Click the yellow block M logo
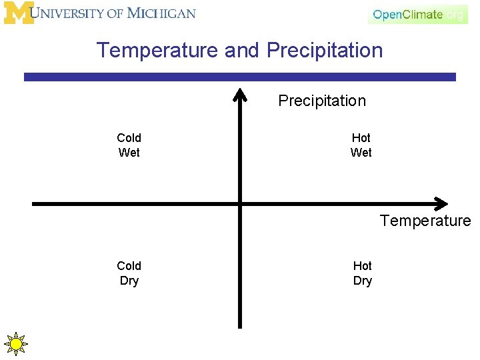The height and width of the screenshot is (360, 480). click(x=18, y=13)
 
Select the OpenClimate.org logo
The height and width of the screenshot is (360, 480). click(x=418, y=15)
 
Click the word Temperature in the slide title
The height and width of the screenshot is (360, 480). click(x=157, y=51)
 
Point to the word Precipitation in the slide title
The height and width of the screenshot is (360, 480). click(x=325, y=51)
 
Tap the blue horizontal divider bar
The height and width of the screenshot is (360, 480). click(x=240, y=77)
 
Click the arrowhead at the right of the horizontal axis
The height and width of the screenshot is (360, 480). click(x=441, y=203)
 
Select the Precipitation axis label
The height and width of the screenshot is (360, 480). click(x=322, y=101)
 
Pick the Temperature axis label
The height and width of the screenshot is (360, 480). click(x=425, y=221)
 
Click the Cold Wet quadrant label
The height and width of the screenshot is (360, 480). click(x=129, y=145)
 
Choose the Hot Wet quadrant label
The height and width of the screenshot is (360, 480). click(x=361, y=145)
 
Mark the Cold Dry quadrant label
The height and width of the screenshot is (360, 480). click(x=129, y=273)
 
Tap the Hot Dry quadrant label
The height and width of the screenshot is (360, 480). click(x=362, y=273)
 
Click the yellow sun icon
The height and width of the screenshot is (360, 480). click(x=15, y=343)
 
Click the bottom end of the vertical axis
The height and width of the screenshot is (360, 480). click(x=240, y=326)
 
